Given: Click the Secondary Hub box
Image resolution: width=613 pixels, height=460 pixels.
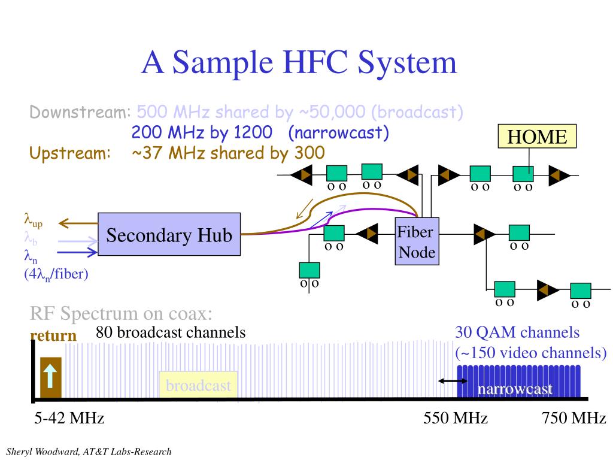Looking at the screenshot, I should click(x=169, y=234).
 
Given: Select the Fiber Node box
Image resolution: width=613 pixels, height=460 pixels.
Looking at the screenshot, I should click(x=417, y=241).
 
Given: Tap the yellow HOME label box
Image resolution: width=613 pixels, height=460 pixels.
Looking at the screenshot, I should click(x=537, y=137).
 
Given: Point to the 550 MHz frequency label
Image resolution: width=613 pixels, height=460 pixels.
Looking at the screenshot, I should click(x=455, y=418).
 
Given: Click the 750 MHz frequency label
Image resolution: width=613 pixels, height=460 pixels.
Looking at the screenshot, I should click(x=573, y=418).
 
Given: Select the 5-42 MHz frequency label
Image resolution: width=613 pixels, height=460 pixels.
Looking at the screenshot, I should click(x=69, y=418).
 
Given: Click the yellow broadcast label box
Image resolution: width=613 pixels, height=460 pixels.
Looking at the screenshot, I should click(x=198, y=386).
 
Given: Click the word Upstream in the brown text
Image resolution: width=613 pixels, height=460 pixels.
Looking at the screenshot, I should click(x=71, y=153).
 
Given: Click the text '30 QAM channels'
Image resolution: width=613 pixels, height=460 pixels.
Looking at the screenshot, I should click(x=517, y=332).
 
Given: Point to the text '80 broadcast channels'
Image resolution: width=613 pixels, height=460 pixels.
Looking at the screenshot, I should click(x=171, y=332).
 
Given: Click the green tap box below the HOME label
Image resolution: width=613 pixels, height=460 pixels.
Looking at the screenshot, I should click(x=523, y=173).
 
